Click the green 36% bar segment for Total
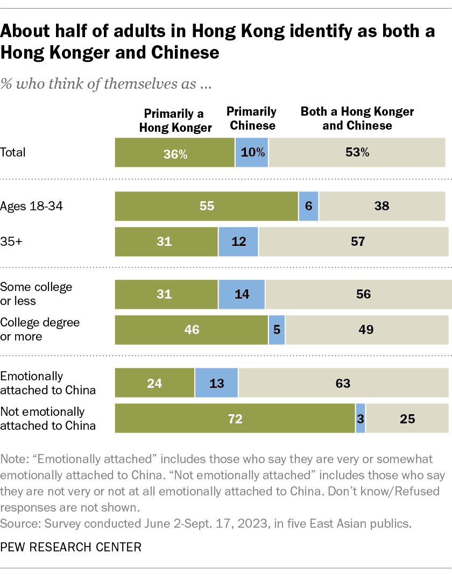[x=175, y=152]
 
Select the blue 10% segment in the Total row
[x=252, y=152]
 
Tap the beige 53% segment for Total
[x=357, y=152]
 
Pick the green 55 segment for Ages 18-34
[x=207, y=206]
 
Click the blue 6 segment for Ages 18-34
[x=308, y=206]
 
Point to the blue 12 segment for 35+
[x=238, y=242]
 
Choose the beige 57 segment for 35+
[x=354, y=242]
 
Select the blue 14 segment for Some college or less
[x=242, y=294]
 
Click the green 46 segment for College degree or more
[x=192, y=330]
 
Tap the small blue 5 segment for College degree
[x=277, y=330]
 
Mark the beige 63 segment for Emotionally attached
[x=343, y=383]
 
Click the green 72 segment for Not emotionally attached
[x=235, y=419]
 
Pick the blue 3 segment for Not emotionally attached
[x=361, y=419]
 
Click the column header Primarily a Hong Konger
[x=175, y=120]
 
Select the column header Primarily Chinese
[x=251, y=118]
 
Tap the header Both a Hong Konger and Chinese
[x=357, y=118]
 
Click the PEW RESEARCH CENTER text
[x=71, y=548]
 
